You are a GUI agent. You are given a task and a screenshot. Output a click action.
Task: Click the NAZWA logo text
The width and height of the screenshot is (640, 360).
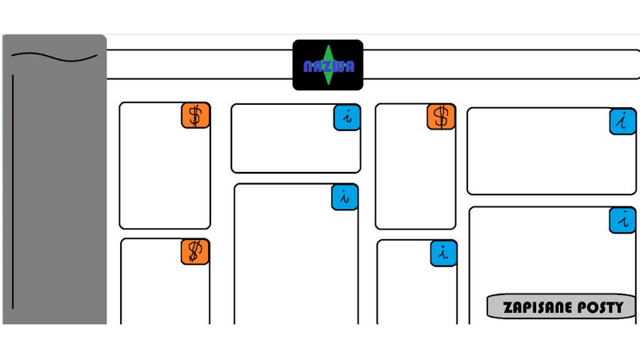pyautogui.click(x=329, y=66)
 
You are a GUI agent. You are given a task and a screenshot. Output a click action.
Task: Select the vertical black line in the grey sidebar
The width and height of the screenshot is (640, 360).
pyautogui.click(x=13, y=192)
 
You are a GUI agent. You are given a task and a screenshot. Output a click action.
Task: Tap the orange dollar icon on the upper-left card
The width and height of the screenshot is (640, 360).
pyautogui.click(x=195, y=115)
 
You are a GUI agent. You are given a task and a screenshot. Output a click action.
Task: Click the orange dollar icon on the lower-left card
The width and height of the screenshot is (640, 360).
pyautogui.click(x=194, y=251)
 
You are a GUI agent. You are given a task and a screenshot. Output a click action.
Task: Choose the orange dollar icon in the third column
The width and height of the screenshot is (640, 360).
pyautogui.click(x=441, y=117)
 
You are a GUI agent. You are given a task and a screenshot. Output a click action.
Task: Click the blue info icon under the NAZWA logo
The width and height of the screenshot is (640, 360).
pyautogui.click(x=346, y=117)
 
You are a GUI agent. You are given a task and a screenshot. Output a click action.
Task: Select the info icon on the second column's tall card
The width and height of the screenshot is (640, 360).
pyautogui.click(x=345, y=197)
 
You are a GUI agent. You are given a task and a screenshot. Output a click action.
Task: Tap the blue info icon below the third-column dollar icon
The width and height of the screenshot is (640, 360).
pyautogui.click(x=443, y=253)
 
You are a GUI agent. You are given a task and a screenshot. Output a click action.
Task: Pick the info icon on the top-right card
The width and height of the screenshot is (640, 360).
pyautogui.click(x=622, y=122)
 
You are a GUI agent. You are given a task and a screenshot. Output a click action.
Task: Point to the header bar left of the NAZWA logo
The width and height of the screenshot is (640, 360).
pyautogui.click(x=200, y=64)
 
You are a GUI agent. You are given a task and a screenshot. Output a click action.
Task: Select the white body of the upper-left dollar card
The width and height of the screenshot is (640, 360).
pyautogui.click(x=160, y=176)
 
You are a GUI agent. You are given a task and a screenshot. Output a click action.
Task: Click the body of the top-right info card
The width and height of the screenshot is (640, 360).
pyautogui.click(x=536, y=156)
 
